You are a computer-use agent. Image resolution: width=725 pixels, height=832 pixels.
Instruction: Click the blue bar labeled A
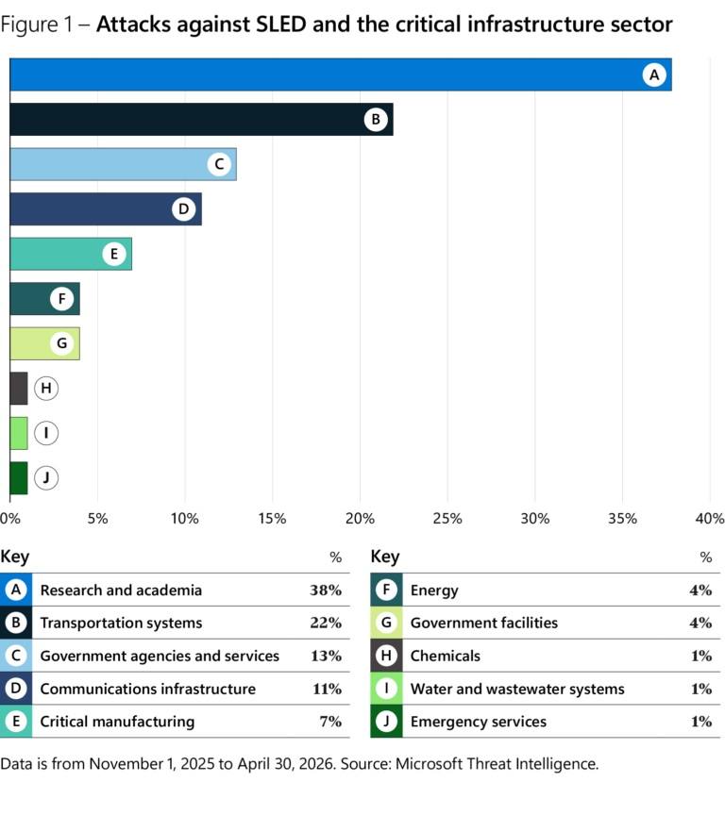[x=341, y=75]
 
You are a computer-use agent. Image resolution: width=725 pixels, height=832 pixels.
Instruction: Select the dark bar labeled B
[x=201, y=120]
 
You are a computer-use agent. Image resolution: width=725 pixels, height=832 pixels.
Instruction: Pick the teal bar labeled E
[x=71, y=254]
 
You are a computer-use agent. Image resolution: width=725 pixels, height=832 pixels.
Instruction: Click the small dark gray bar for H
[x=19, y=388]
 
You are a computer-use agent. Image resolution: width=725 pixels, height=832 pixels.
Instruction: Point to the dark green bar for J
[x=19, y=477]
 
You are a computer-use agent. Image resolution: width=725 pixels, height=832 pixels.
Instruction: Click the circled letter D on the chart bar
[x=184, y=209]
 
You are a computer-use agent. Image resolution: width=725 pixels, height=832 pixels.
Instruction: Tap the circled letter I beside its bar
[x=46, y=433]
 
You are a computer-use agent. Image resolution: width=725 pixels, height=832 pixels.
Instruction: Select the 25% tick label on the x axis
[x=447, y=519]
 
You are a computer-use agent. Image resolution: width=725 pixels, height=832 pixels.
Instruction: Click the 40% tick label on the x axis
[x=710, y=519]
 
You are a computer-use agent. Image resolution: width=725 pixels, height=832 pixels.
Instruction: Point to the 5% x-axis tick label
[x=98, y=519]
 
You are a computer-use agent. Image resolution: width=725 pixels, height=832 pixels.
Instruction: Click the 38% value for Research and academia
[x=326, y=591]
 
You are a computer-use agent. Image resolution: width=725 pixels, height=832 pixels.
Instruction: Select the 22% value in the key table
[x=326, y=623]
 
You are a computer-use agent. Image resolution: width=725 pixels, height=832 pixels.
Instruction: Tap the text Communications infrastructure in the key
[x=147, y=689]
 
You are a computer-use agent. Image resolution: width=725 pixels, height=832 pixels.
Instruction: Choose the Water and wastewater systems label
[x=517, y=689]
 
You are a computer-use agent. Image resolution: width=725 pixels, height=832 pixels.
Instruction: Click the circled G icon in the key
[x=386, y=623]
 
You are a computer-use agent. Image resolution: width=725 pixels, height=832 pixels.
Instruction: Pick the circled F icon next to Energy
[x=386, y=591]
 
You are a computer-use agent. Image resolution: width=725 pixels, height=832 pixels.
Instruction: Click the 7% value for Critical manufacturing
[x=330, y=721]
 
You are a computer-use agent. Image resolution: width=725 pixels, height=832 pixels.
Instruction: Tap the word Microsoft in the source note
[x=430, y=763]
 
